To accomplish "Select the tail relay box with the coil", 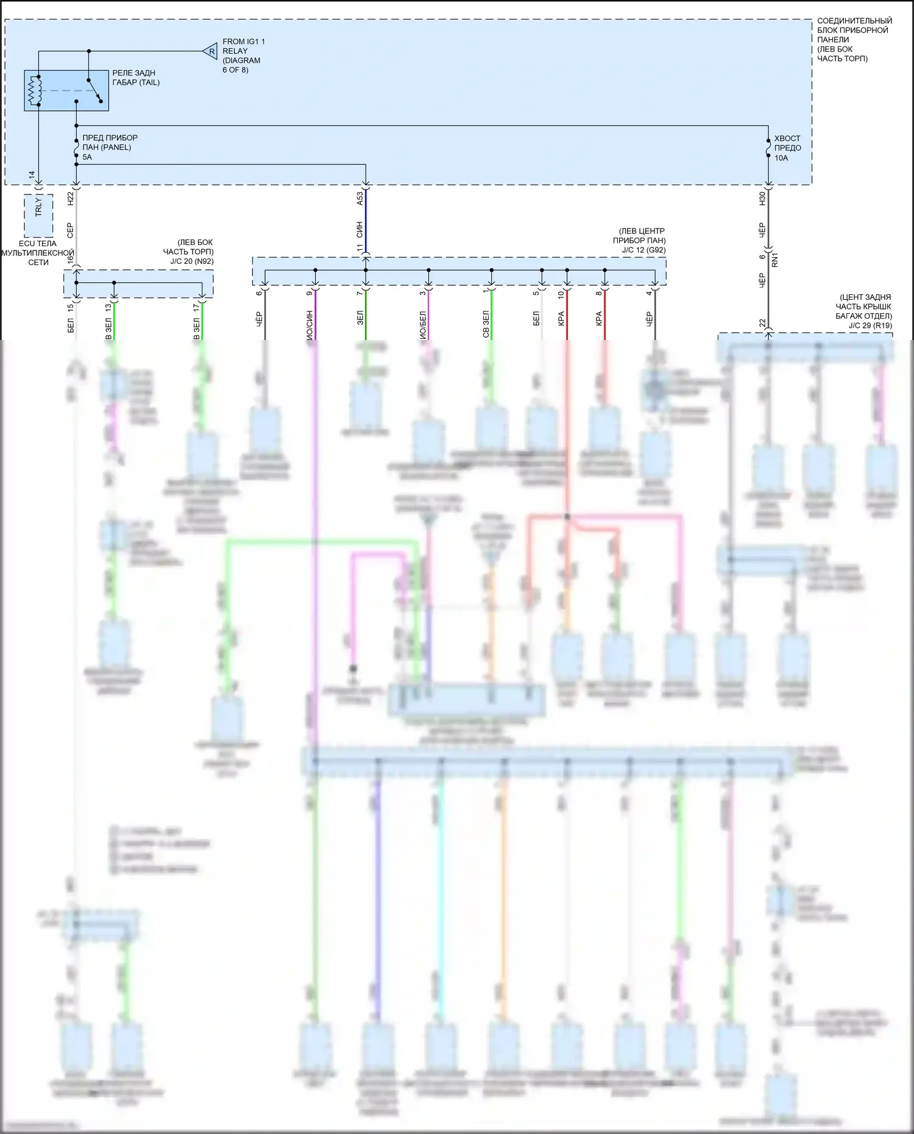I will click(x=66, y=91).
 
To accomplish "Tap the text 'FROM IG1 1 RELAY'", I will click(x=243, y=46).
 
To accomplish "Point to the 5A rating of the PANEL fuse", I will click(x=87, y=157).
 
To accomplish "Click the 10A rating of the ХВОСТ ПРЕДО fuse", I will click(x=781, y=158).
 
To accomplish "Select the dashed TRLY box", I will click(x=38, y=215).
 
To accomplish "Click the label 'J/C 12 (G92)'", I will click(x=643, y=250).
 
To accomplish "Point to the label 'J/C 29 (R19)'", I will click(x=870, y=325).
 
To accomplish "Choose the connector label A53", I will click(x=360, y=198).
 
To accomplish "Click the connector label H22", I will click(x=70, y=198).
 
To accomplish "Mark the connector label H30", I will click(x=762, y=198).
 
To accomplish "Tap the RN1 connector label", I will click(x=775, y=261).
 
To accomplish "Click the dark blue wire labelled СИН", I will click(x=366, y=229).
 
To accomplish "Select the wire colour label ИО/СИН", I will click(x=309, y=324).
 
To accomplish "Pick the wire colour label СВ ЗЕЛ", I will click(x=486, y=324).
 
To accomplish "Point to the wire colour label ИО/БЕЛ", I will click(x=422, y=324).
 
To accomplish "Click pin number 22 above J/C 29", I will click(x=762, y=323).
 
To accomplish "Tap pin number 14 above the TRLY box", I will click(x=32, y=175).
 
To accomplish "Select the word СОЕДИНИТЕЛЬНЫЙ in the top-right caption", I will click(x=854, y=21).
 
